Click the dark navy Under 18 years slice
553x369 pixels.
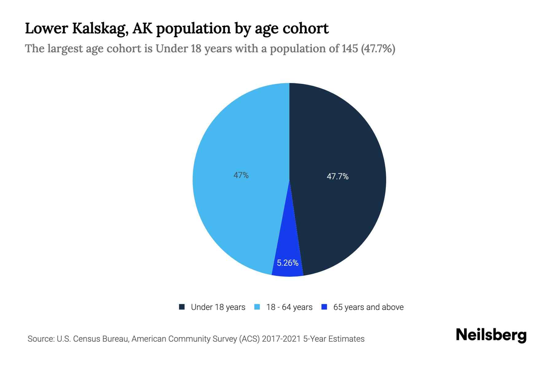[x=338, y=138]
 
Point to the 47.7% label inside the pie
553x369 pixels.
[x=337, y=177]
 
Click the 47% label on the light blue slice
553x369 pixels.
[x=241, y=175]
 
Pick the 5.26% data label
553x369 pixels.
[x=288, y=263]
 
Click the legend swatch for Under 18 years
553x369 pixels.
[x=182, y=307]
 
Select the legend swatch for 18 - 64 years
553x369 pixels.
[x=257, y=307]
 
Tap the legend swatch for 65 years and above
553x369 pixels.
[x=324, y=307]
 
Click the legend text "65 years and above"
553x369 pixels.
[x=368, y=307]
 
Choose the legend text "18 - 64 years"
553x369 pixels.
[x=289, y=307]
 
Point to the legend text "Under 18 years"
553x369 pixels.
[x=218, y=307]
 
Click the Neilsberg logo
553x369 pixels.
[x=491, y=335]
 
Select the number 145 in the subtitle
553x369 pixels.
[x=350, y=49]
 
